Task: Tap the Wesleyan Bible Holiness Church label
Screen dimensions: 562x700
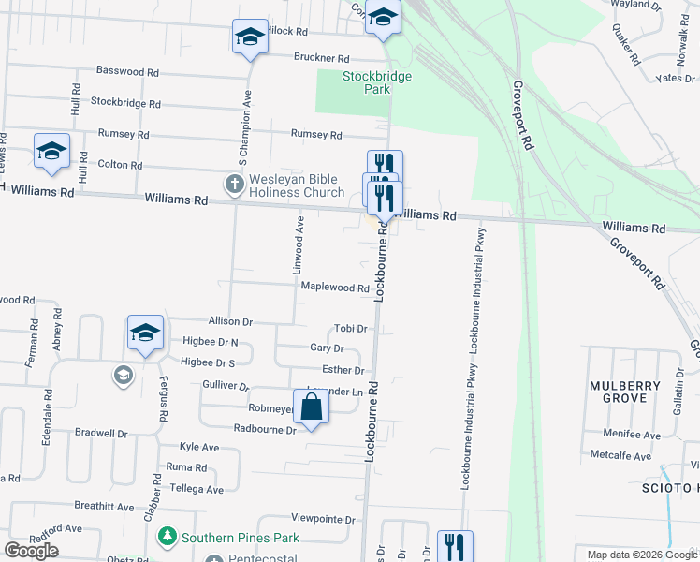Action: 296,186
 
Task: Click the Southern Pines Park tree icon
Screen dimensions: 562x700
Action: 168,538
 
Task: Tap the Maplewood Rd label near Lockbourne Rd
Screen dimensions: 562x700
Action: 335,288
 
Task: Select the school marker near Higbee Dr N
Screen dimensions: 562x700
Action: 145,333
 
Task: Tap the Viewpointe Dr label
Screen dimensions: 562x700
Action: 324,519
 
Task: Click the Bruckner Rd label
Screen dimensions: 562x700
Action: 321,57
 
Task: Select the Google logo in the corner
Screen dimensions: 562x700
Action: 31,551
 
